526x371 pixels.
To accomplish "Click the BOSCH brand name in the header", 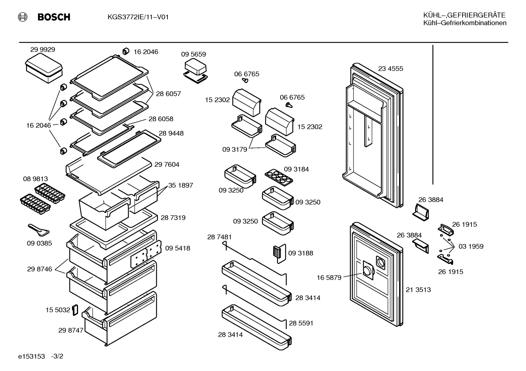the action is point(54,17).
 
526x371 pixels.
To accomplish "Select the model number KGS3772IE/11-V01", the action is point(138,17).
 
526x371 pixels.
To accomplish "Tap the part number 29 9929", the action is point(43,50).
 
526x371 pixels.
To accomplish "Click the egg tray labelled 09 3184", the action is point(279,177).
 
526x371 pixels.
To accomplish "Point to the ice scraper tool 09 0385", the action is point(39,230).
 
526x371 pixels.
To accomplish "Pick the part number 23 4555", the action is point(391,68).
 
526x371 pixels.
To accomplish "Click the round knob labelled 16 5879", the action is point(367,271).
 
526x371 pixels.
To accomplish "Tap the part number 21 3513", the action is point(418,290).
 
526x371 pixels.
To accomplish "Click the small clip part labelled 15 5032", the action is point(75,310).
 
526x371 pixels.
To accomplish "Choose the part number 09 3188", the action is point(301,253).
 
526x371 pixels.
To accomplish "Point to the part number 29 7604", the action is point(167,165).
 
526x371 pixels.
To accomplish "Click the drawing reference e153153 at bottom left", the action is point(31,356).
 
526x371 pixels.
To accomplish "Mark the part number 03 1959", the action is point(471,246).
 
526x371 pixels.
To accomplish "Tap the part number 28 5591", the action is point(301,323).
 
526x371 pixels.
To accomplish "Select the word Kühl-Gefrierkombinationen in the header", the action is point(465,23).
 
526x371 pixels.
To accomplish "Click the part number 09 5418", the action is point(178,248).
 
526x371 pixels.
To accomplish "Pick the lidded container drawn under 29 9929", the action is point(44,68).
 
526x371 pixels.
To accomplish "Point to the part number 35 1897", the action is point(181,185).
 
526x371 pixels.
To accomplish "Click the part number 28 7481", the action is point(219,237).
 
